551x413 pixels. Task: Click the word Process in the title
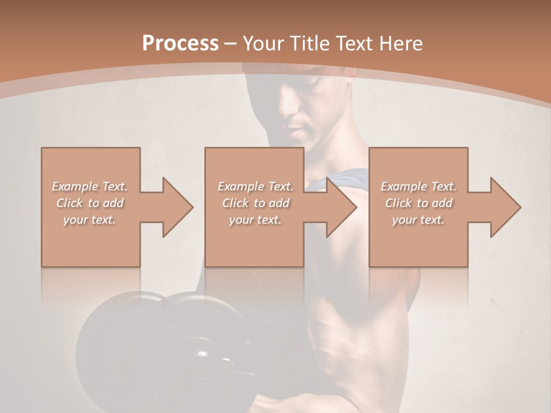coord(180,44)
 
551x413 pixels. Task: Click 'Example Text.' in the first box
coord(90,186)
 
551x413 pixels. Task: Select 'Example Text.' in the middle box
coord(255,186)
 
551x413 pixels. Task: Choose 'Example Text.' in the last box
coord(418,186)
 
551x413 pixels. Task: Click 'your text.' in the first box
coord(90,220)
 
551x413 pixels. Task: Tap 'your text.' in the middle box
coord(255,220)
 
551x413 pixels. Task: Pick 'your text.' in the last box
coord(418,220)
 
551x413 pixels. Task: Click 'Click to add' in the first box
coord(90,203)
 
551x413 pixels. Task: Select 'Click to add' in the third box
coord(418,203)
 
